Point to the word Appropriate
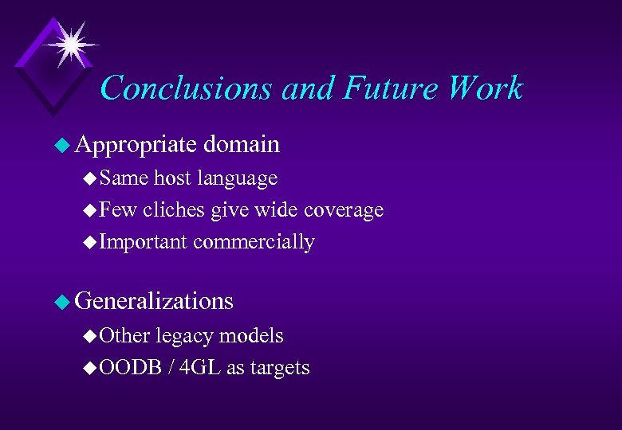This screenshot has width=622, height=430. coord(136,144)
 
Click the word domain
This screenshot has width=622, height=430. coord(242,144)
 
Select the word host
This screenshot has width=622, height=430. coord(172,178)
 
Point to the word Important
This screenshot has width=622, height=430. coord(144,242)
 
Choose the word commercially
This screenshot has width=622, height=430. coord(254,242)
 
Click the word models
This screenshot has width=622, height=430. coord(251,335)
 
